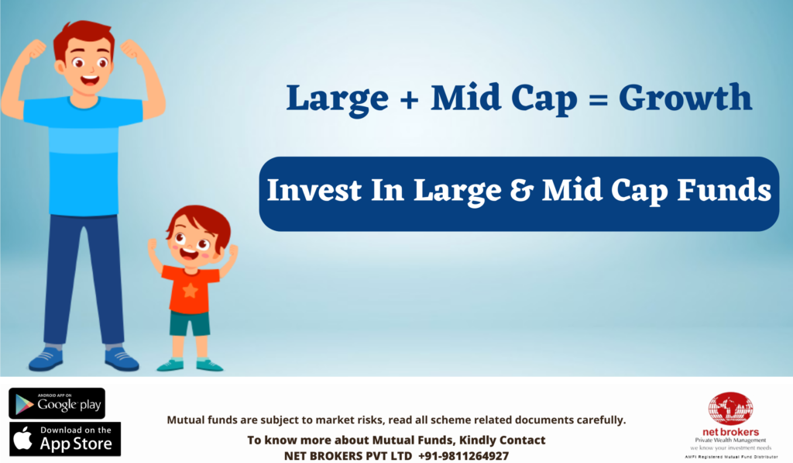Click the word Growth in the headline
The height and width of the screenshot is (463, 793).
click(685, 97)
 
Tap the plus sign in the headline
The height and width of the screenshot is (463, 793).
click(409, 98)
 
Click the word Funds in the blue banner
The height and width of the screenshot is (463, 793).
click(724, 190)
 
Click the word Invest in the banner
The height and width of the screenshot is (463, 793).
click(314, 191)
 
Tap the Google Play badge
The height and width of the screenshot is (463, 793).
click(57, 404)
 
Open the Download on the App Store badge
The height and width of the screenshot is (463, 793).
click(65, 439)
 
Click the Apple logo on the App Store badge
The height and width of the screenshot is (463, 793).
click(23, 438)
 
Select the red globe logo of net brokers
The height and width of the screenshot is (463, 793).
click(730, 409)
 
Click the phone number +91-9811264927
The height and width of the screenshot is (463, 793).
click(463, 456)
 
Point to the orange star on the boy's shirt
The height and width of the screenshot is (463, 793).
click(191, 290)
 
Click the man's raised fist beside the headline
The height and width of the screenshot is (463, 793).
click(132, 50)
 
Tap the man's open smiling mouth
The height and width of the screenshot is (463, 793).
click(90, 80)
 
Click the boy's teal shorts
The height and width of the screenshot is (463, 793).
click(190, 323)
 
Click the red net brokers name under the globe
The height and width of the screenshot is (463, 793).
click(730, 432)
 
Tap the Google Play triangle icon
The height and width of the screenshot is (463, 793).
click(24, 404)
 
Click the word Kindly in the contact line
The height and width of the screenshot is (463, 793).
click(475, 441)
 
